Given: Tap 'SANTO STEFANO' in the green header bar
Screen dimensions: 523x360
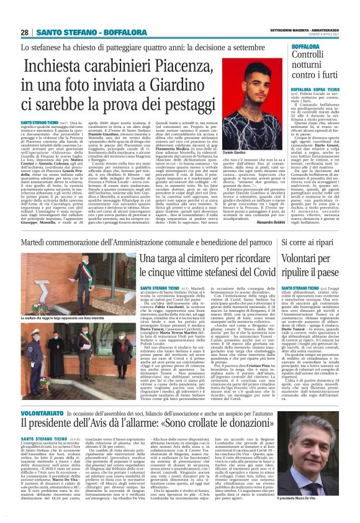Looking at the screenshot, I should coord(63,32).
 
